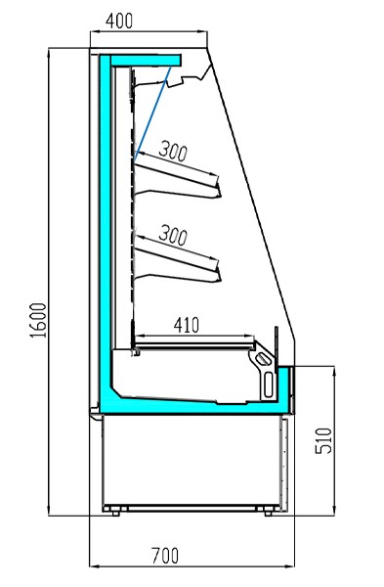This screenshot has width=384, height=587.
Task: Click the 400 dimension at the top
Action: pyautogui.click(x=119, y=21)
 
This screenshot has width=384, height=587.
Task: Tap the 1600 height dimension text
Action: pyautogui.click(x=38, y=320)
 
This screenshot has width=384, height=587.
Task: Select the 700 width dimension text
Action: pyautogui.click(x=165, y=556)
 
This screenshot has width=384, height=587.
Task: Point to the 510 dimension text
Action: pyautogui.click(x=323, y=441)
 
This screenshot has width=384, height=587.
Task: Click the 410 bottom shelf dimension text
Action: pyautogui.click(x=187, y=325)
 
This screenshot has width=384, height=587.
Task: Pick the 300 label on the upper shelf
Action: pyautogui.click(x=173, y=151)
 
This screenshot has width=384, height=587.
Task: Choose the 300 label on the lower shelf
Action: pyautogui.click(x=173, y=235)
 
